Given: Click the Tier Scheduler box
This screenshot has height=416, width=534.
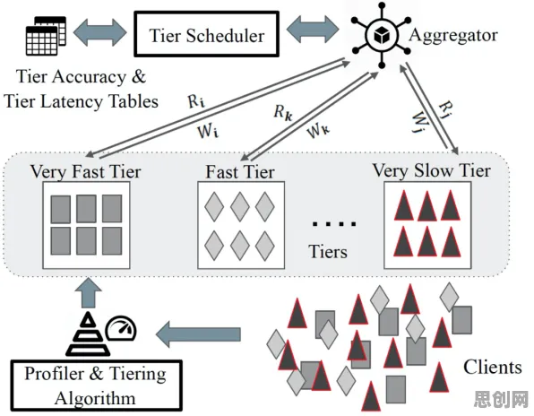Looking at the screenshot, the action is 207,34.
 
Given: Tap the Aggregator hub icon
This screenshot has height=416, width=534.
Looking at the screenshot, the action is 382,34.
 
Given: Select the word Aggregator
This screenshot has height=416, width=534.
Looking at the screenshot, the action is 453,36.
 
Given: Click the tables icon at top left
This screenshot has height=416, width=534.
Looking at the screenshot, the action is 46,36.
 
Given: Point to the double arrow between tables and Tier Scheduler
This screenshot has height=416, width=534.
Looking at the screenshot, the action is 99,32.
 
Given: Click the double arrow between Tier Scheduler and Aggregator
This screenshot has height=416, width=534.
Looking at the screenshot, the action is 313,29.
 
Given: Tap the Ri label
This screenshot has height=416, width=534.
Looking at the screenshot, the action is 196,101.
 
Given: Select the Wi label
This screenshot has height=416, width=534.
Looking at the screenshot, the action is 208,131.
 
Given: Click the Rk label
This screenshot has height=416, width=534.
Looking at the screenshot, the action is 283,112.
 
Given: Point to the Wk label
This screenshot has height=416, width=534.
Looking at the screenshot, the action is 318,131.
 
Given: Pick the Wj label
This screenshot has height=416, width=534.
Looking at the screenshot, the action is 420,123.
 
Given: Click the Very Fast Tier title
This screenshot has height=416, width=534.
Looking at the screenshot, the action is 85,171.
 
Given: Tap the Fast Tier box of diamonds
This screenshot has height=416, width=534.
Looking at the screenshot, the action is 241,225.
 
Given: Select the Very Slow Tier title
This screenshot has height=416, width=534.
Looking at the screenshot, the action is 432,170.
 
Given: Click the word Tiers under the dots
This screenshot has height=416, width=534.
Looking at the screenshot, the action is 328,251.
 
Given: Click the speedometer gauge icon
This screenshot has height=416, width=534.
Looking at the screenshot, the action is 121,329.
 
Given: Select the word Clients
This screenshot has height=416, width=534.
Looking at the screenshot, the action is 493,368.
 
